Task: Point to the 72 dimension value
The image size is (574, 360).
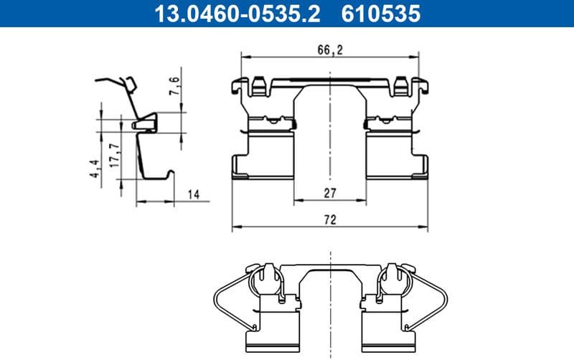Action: point(330,221)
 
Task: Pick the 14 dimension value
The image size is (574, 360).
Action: point(193,194)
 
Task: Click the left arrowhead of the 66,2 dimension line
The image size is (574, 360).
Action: point(243,55)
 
